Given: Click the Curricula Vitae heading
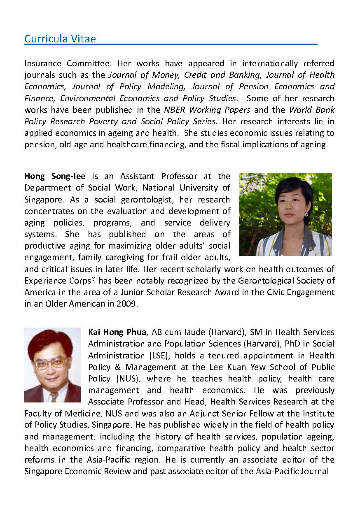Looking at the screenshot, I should click(x=60, y=39).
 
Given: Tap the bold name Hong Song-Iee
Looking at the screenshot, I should click(x=55, y=177).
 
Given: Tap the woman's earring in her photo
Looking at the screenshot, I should click(x=306, y=214).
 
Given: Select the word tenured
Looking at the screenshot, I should click(x=203, y=355).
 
